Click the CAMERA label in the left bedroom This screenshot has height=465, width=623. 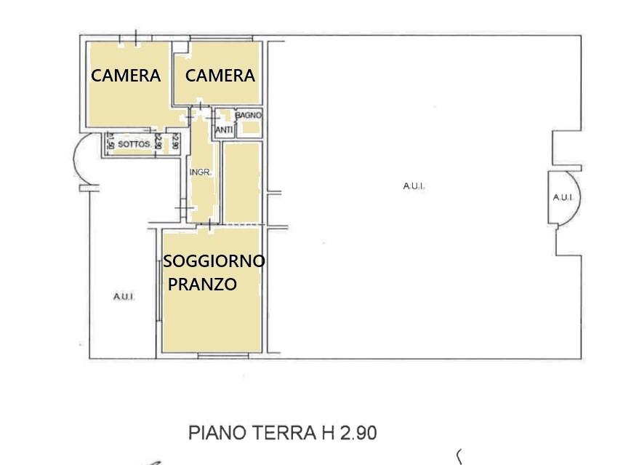(x=126, y=76)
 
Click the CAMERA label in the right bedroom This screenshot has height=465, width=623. (x=220, y=76)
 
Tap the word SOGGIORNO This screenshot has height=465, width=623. (x=214, y=261)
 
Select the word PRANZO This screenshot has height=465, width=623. (x=202, y=284)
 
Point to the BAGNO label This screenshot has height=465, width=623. (x=249, y=116)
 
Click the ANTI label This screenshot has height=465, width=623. (x=224, y=130)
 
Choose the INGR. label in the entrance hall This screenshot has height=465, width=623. (x=200, y=172)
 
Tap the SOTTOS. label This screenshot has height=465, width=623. (x=134, y=144)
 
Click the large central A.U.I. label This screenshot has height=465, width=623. (x=414, y=186)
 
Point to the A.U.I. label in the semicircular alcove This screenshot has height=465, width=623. (x=563, y=197)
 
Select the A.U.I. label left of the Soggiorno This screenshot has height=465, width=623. (x=124, y=297)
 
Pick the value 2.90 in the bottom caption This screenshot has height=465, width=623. (x=358, y=433)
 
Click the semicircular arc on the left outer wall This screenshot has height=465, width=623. (x=74, y=159)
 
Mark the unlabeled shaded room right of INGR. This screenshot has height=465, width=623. (x=241, y=183)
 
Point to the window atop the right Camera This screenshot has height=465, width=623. (x=221, y=38)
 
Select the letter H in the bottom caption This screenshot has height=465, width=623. (x=328, y=433)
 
